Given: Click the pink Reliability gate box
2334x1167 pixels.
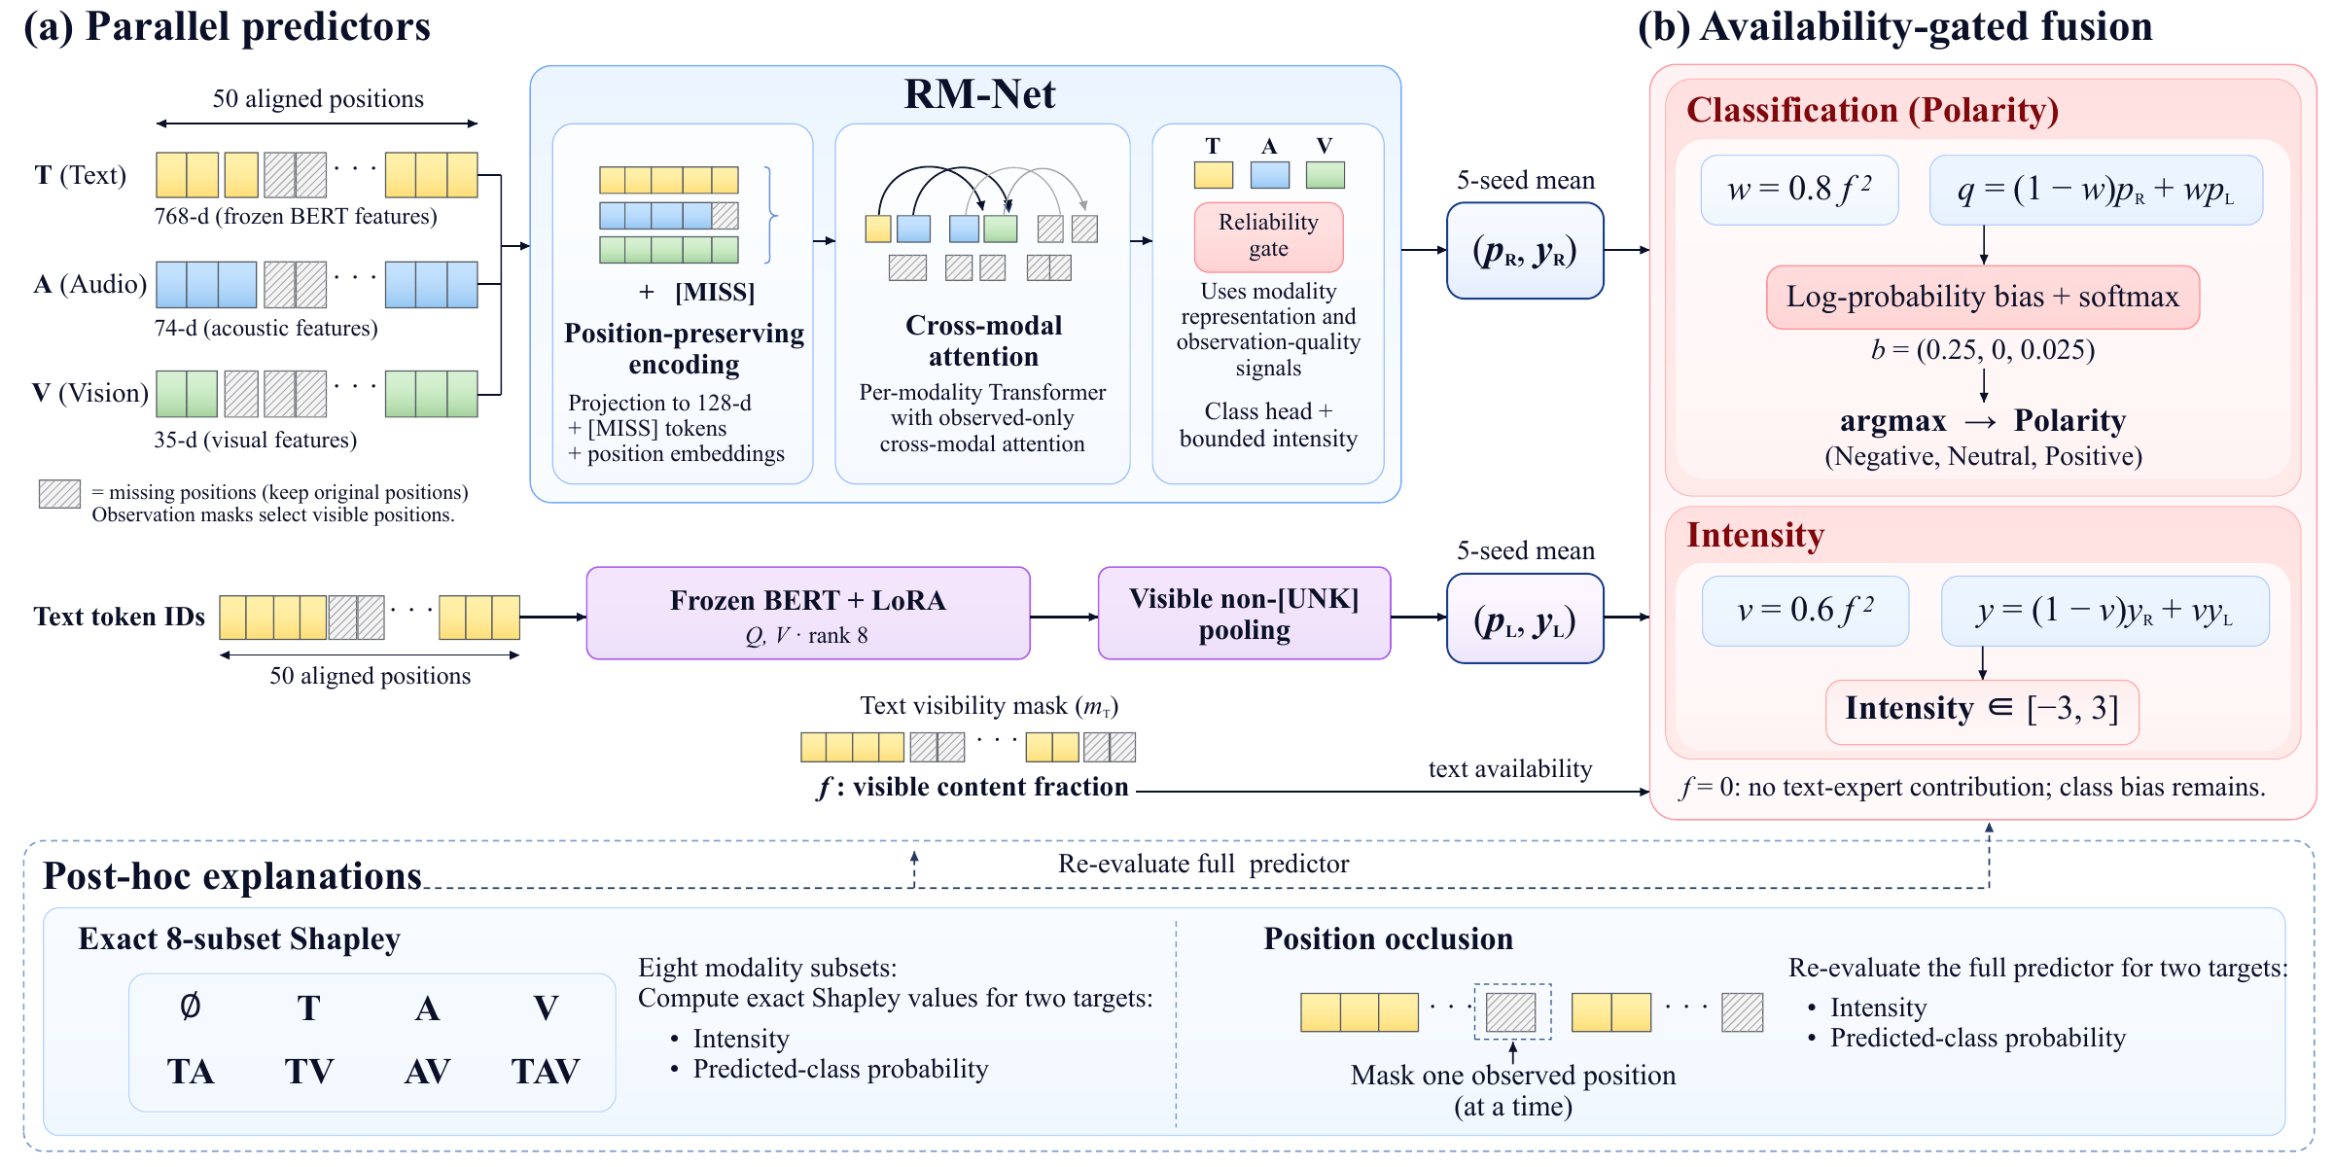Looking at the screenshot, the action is point(1268,236).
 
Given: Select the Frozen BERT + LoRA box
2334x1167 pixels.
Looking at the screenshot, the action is point(807,614).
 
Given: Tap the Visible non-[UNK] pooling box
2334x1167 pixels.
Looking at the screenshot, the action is point(1244,614).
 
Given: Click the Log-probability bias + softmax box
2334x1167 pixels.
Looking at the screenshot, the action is point(1983,297).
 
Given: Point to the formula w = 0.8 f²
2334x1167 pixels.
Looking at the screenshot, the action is point(1799,190).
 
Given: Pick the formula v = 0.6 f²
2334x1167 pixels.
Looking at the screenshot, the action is point(1805,611).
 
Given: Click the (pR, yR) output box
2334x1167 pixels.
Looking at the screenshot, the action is point(1525,251).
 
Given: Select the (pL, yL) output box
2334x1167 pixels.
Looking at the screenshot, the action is point(1525,619).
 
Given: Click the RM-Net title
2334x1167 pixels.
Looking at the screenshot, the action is point(979,94).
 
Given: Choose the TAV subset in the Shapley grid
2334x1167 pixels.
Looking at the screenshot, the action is point(546,1072).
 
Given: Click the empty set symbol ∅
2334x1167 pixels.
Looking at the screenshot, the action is point(191,1007).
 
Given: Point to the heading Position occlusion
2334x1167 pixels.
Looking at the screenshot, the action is point(1388,938).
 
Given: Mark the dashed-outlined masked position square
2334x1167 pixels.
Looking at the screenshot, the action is point(1511,1011).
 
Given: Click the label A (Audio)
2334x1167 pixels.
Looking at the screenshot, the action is point(89,284).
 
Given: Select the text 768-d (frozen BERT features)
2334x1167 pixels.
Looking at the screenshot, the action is point(296,216).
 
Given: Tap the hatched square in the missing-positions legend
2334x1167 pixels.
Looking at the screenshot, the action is point(59,494).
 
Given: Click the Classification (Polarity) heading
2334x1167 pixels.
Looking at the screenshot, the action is point(1872,110).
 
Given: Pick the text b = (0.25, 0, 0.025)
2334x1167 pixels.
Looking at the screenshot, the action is point(1983,350).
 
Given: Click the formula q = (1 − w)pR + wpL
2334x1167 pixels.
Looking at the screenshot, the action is point(2096,190).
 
